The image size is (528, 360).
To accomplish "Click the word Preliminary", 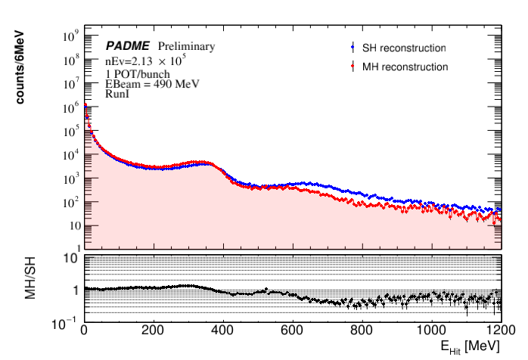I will click(x=186, y=47).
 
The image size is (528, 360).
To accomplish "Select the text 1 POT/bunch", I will click(x=137, y=74).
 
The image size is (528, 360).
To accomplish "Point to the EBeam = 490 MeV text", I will click(x=152, y=84).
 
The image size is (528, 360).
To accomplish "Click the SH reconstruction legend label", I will click(x=414, y=48).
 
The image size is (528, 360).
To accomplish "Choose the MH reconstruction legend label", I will click(x=415, y=67).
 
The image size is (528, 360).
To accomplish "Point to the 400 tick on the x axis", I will click(x=292, y=331).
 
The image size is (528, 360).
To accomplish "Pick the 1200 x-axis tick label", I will click(x=498, y=331).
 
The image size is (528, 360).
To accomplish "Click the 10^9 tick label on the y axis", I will click(x=69, y=36).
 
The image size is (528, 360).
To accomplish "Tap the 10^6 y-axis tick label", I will click(x=69, y=107).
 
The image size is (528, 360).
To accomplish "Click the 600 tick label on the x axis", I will click(x=362, y=331).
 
